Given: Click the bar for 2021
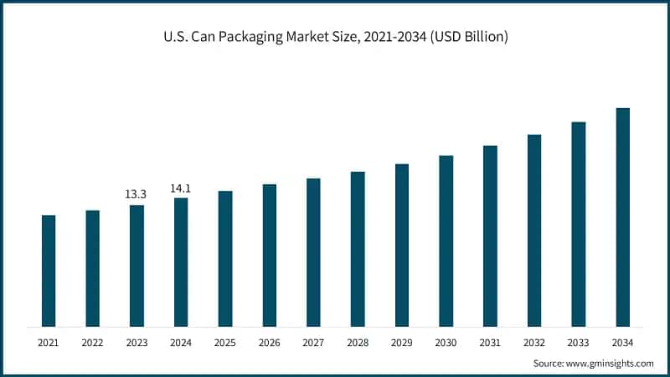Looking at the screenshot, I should (x=49, y=271).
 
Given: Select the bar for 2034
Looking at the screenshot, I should (x=622, y=217).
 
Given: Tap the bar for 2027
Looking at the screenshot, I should (x=313, y=252).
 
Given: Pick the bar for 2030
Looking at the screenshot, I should (x=446, y=240).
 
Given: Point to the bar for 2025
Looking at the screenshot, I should (x=225, y=259).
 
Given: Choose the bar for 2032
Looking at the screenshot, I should (x=534, y=230).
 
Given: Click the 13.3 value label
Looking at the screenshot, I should (x=136, y=194).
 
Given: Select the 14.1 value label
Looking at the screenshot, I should (x=181, y=188).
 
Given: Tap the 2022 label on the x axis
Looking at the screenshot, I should (x=92, y=342).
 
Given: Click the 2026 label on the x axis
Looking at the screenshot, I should (x=269, y=342).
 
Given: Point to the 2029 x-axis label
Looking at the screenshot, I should (x=402, y=342).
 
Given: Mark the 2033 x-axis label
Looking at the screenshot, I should (x=579, y=342).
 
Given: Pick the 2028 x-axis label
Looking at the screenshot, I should (x=358, y=342).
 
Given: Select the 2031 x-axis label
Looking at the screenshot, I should (x=490, y=342).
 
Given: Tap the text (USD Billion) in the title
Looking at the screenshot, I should (x=465, y=37).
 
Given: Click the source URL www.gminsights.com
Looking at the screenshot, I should (x=608, y=364).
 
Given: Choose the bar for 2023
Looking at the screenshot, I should (x=137, y=266).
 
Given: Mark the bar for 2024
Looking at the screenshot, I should (x=181, y=262).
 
